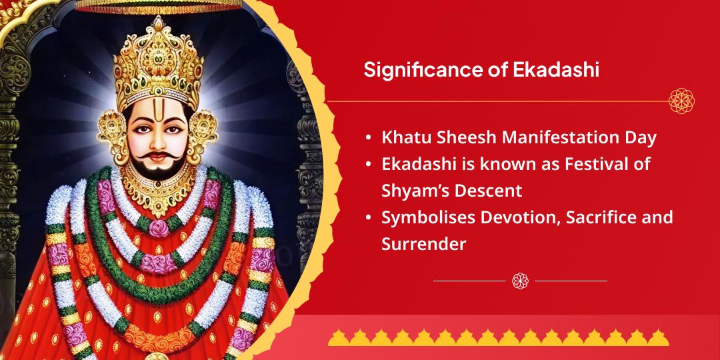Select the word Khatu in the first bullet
pos(402,138)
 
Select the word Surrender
pos(423,245)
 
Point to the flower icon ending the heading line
pos(681,101)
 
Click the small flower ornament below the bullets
pos(520,281)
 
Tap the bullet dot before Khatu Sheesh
pos(369,139)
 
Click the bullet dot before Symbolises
pos(369,218)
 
